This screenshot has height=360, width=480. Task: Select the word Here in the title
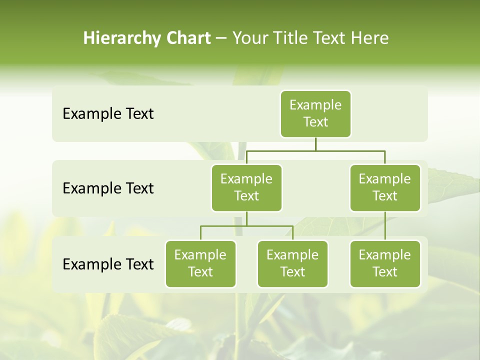(369, 38)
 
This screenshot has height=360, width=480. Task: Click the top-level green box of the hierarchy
(315, 114)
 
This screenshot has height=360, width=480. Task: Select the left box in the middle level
(246, 187)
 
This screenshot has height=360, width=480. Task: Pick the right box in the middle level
(385, 187)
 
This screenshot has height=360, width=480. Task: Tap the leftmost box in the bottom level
(200, 263)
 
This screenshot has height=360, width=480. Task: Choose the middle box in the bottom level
(292, 263)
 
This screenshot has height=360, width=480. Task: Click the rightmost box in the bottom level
(385, 263)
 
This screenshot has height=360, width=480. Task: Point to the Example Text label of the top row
(108, 114)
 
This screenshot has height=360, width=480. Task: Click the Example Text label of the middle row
(108, 188)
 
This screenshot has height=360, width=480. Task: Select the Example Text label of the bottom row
(108, 264)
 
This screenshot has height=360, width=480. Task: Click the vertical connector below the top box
(315, 144)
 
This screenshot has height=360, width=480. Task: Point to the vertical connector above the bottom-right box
(385, 226)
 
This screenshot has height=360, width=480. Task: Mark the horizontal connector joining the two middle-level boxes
(315, 150)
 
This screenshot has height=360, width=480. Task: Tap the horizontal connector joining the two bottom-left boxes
(246, 226)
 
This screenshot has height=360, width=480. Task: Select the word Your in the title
(249, 38)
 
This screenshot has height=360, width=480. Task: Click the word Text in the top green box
(315, 122)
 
